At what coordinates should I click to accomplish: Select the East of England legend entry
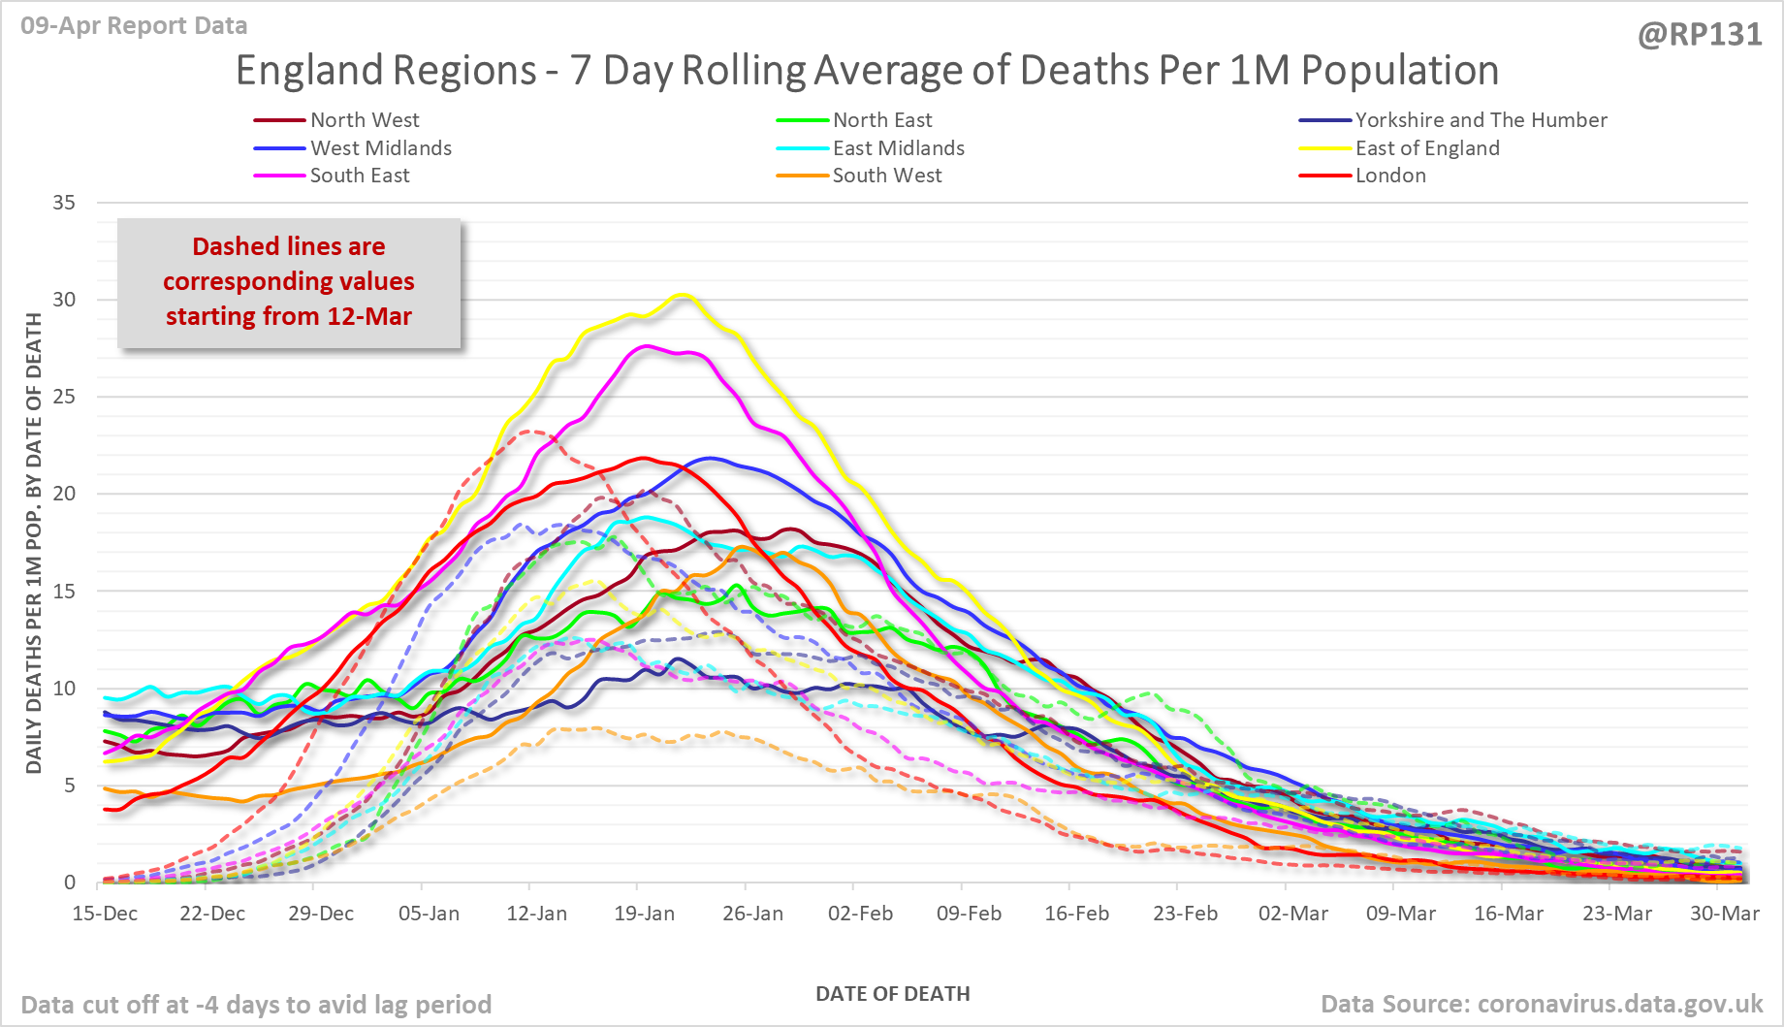[x=1426, y=148]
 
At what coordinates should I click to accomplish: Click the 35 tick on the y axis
[x=64, y=203]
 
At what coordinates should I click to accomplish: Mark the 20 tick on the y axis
[x=64, y=494]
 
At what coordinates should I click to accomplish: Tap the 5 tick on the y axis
[x=69, y=786]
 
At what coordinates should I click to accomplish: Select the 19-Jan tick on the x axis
[x=645, y=914]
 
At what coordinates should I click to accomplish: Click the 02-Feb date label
[x=861, y=914]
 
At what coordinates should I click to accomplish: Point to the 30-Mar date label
[x=1725, y=914]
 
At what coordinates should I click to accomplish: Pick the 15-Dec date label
[x=105, y=914]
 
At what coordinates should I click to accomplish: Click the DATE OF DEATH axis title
[x=892, y=994]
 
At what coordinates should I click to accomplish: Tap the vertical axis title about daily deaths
[x=34, y=543]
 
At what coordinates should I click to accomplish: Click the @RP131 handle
[x=1700, y=35]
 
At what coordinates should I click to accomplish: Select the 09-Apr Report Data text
[x=134, y=26]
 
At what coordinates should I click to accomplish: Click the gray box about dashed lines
[x=289, y=282]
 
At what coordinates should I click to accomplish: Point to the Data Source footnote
[x=1542, y=1004]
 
